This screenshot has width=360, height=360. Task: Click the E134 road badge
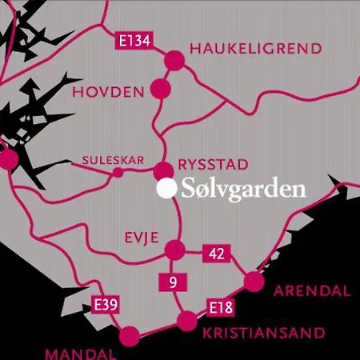point(134,42)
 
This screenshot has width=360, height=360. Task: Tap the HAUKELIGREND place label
point(255,49)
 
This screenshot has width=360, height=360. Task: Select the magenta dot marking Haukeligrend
point(174,59)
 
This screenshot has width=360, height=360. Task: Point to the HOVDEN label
point(109,92)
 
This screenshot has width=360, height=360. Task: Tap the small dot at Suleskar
point(118,173)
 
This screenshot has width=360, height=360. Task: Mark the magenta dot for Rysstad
point(163,170)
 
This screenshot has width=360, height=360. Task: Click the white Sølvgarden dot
point(166,190)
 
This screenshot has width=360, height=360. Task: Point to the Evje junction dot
point(174,250)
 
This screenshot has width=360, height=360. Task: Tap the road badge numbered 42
point(216,254)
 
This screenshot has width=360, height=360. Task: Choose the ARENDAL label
point(311,290)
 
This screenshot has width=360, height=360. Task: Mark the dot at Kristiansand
point(186,322)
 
